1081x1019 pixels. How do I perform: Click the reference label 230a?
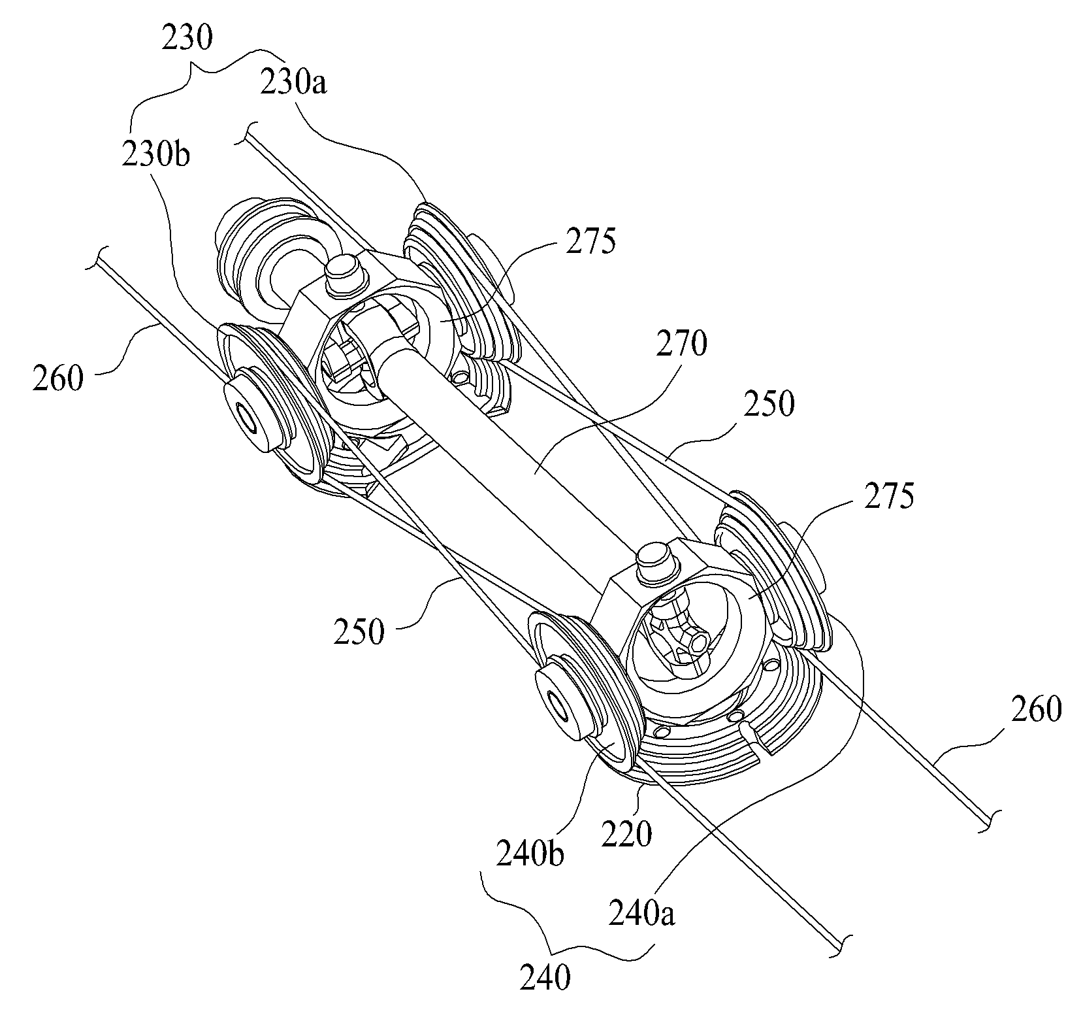pyautogui.click(x=294, y=84)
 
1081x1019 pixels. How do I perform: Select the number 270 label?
pyautogui.click(x=679, y=344)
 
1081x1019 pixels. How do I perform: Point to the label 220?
pyautogui.click(x=626, y=833)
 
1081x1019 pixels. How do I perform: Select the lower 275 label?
pyautogui.click(x=886, y=498)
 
